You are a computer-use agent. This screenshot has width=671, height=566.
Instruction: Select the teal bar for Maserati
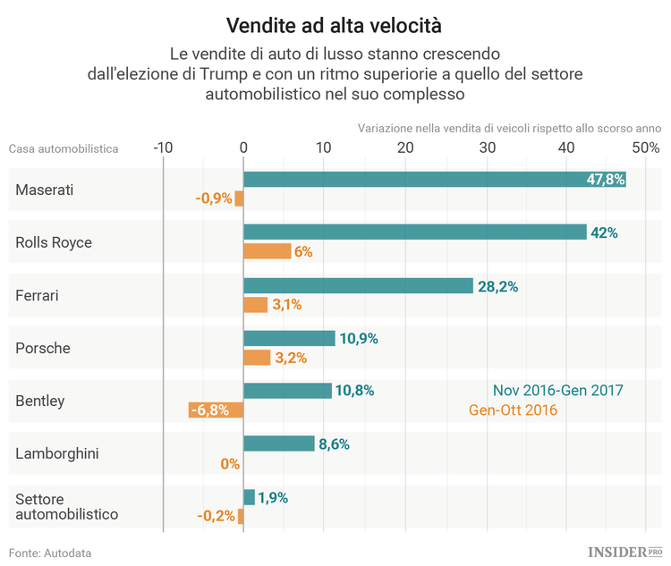click(434, 180)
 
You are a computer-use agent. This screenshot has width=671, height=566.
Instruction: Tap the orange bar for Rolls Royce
click(267, 251)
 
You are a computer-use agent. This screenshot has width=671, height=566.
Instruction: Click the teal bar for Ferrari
click(358, 286)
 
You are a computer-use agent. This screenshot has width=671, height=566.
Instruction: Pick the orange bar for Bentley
click(216, 410)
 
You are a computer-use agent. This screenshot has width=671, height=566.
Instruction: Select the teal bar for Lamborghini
click(278, 444)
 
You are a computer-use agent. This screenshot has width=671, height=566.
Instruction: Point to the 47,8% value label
click(605, 180)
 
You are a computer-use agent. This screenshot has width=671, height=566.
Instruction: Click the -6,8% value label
click(208, 410)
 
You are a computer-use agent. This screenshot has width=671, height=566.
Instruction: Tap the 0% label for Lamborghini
click(230, 464)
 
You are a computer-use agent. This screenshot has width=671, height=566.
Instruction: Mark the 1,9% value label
click(273, 498)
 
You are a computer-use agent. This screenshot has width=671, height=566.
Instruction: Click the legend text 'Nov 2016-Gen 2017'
click(557, 391)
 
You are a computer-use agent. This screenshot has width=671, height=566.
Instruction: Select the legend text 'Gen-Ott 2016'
click(513, 410)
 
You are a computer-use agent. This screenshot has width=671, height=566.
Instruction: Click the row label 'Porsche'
click(43, 348)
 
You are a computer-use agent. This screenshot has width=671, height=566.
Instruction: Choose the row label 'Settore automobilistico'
click(66, 506)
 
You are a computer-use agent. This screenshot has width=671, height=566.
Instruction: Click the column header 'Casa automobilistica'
click(64, 148)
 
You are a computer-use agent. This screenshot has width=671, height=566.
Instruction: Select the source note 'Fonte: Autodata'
click(50, 553)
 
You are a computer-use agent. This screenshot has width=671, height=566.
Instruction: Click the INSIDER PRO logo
click(624, 552)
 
